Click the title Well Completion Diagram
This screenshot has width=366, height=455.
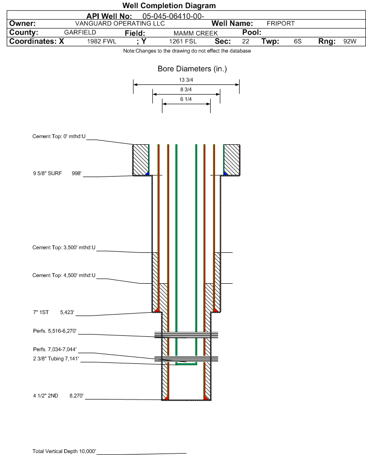pyautogui.click(x=169, y=5)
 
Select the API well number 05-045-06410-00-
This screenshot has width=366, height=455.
pyautogui.click(x=173, y=16)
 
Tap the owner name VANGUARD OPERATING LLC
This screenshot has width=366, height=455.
pyautogui.click(x=120, y=24)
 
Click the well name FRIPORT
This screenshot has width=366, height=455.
pyautogui.click(x=281, y=24)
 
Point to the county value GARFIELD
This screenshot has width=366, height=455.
pyautogui.click(x=80, y=32)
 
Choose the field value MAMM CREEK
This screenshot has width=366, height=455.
pyautogui.click(x=195, y=33)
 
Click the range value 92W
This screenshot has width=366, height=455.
pyautogui.click(x=350, y=41)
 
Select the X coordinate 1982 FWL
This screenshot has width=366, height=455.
pyautogui.click(x=101, y=41)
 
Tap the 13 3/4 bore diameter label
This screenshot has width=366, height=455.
pyautogui.click(x=186, y=80)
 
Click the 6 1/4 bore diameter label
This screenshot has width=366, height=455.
pyautogui.click(x=186, y=99)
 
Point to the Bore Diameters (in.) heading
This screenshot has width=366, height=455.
pyautogui.click(x=192, y=69)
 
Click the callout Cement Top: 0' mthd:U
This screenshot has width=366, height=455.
pyautogui.click(x=59, y=137)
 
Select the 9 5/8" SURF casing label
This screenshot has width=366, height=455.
pyautogui.click(x=47, y=174)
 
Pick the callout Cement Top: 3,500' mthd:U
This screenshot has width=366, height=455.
pyautogui.click(x=64, y=248)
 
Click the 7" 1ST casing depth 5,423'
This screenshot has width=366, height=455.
pyautogui.click(x=67, y=313)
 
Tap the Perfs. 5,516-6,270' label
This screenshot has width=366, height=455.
pyautogui.click(x=55, y=331)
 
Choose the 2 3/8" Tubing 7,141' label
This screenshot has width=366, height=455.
pyautogui.click(x=55, y=358)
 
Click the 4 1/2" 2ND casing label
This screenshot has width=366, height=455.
pyautogui.click(x=45, y=396)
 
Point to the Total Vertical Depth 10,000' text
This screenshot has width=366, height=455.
pyautogui.click(x=64, y=451)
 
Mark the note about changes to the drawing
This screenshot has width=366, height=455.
pyautogui.click(x=187, y=51)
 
